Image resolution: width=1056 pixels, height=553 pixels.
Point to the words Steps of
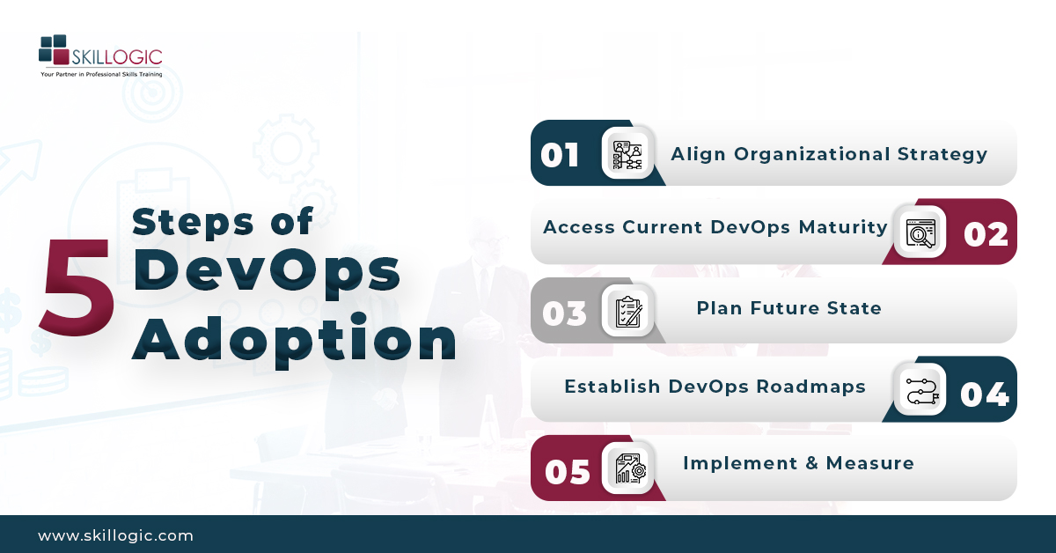[x=223, y=222]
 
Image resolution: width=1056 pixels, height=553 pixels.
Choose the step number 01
[x=561, y=156]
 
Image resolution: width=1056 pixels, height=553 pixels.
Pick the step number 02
[x=986, y=234]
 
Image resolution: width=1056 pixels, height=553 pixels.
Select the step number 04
[x=984, y=393]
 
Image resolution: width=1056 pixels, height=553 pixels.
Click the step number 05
[x=567, y=471]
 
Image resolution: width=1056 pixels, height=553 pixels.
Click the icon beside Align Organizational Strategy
[x=627, y=154]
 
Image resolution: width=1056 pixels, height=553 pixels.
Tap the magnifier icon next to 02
[x=920, y=232]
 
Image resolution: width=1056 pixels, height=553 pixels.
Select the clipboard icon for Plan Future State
[x=627, y=311]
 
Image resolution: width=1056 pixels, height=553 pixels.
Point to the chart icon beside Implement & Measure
[x=627, y=468]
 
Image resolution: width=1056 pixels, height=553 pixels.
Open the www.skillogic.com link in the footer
[x=115, y=535]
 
